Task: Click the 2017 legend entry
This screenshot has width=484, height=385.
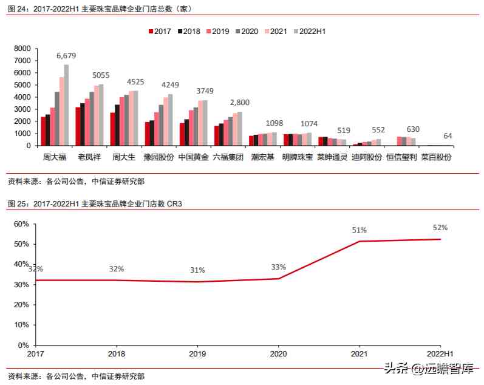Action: pos(159,31)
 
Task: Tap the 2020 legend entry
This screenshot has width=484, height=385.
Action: pos(245,31)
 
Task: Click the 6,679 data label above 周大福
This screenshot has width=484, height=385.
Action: pos(67,56)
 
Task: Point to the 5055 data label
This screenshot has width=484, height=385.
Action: pos(101,75)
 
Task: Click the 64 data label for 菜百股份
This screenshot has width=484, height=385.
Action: pos(448,135)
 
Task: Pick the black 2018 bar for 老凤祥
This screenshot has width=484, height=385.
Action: pos(83,124)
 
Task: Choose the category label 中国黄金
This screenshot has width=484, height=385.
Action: pos(194,157)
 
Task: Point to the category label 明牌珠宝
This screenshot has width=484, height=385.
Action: pos(298,157)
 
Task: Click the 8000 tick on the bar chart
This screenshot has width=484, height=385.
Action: pos(22,49)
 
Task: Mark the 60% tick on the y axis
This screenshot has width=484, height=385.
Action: pos(21,224)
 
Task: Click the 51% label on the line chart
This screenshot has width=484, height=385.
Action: pos(360,230)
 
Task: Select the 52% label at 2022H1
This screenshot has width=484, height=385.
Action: pos(440,228)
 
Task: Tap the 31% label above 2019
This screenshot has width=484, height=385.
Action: pos(197,270)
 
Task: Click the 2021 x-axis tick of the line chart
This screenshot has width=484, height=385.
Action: pos(360,353)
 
